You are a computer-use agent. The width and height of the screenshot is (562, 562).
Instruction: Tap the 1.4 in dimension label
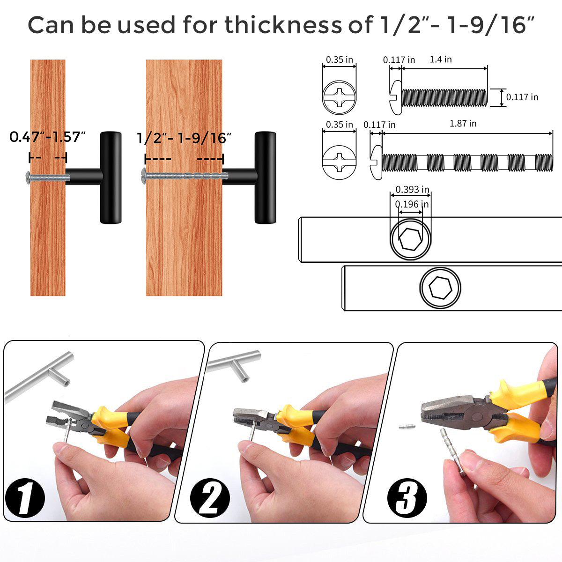click(440, 59)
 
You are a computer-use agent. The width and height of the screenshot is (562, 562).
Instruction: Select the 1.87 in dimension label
click(463, 123)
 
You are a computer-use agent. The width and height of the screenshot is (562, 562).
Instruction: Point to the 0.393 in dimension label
click(412, 190)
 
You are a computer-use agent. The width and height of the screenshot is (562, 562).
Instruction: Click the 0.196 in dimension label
click(412, 204)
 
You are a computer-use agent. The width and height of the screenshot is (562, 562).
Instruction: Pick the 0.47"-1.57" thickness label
click(48, 137)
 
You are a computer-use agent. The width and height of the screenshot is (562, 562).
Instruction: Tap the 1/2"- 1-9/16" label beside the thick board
click(184, 138)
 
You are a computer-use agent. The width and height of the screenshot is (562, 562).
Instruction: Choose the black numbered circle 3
click(407, 498)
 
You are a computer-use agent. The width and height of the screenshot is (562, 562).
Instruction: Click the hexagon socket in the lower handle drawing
click(440, 288)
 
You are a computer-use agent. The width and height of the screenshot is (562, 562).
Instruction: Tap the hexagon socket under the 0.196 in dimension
click(410, 239)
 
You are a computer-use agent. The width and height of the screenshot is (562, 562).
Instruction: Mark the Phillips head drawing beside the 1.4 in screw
click(339, 97)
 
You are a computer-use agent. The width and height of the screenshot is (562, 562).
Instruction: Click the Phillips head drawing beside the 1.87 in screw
click(339, 162)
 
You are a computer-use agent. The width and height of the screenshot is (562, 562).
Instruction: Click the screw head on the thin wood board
click(28, 177)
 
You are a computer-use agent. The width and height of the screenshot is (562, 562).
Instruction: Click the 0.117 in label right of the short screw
click(522, 97)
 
